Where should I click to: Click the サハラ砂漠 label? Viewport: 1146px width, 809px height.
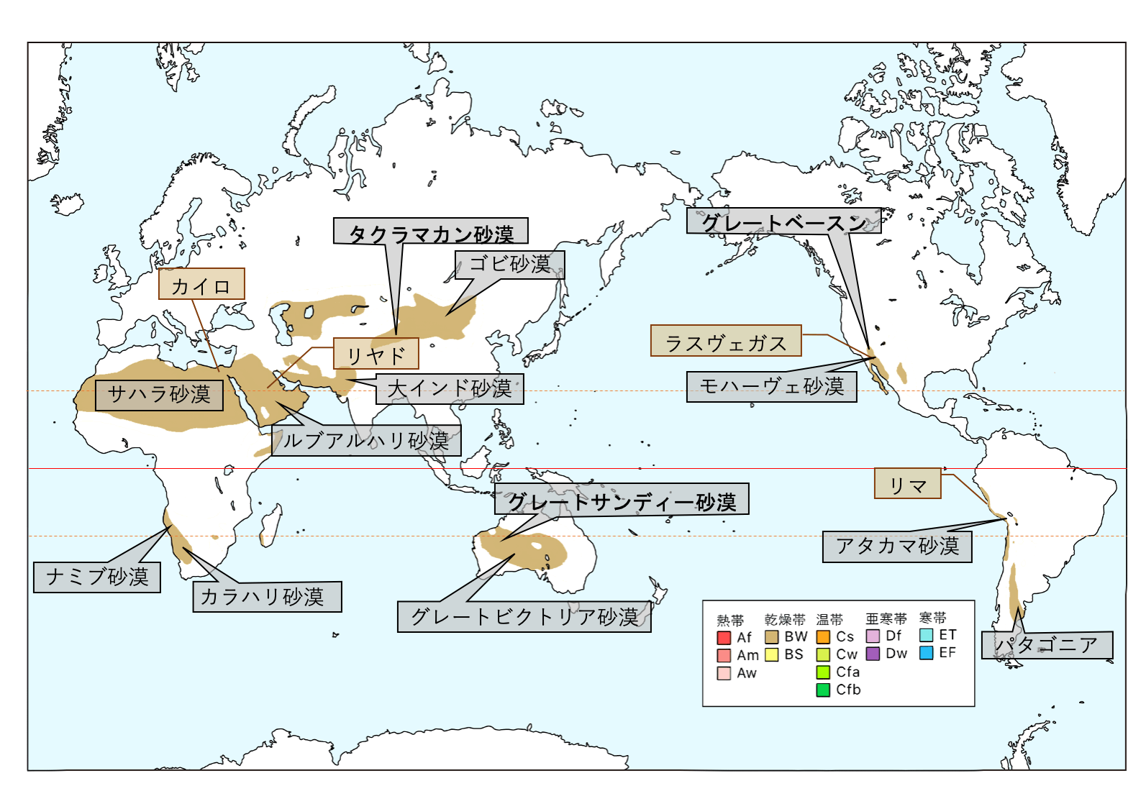click(x=159, y=394)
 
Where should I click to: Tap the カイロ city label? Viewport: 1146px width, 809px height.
click(x=201, y=285)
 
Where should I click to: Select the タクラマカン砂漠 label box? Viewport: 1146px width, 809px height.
click(x=431, y=232)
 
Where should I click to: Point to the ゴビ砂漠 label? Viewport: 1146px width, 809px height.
click(x=509, y=265)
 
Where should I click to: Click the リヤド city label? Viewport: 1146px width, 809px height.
click(x=376, y=354)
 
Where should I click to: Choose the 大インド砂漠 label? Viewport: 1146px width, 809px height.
click(x=450, y=389)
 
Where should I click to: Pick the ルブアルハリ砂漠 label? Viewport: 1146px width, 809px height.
click(x=366, y=440)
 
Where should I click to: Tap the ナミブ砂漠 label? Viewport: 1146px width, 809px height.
click(x=97, y=577)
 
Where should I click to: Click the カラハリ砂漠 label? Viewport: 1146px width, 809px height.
click(x=267, y=597)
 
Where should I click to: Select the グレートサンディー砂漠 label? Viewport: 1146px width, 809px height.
click(x=622, y=500)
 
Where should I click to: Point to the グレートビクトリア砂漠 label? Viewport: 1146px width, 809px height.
click(x=524, y=617)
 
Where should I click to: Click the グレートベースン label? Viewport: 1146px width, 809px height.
click(x=783, y=221)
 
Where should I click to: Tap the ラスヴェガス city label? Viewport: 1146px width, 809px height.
click(x=726, y=342)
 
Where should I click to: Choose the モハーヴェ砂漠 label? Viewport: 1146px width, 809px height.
click(x=771, y=387)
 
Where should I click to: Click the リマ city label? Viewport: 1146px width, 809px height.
click(x=907, y=484)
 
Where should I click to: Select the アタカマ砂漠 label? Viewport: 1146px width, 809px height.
click(x=897, y=547)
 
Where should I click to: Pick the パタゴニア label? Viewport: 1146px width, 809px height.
click(x=1047, y=645)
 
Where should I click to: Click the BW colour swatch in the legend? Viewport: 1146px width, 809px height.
click(x=772, y=637)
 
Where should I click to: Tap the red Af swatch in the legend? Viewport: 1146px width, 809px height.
click(x=724, y=638)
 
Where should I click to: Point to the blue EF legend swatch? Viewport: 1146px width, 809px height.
click(x=927, y=653)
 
